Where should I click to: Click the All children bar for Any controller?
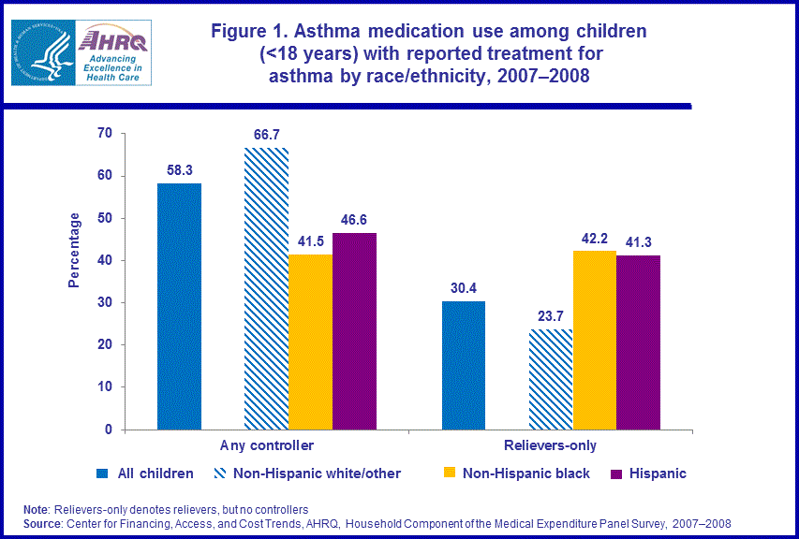[179, 306]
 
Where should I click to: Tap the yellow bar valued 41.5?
[310, 342]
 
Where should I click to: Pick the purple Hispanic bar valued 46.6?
[354, 330]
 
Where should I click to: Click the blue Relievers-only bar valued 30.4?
[464, 365]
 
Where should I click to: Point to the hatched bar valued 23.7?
[551, 379]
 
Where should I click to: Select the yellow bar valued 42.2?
[595, 340]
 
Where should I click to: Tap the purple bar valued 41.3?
[638, 342]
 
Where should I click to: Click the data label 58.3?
[179, 169]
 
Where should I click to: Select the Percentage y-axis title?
[75, 250]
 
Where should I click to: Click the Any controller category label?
[267, 445]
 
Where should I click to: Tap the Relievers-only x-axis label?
[551, 445]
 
